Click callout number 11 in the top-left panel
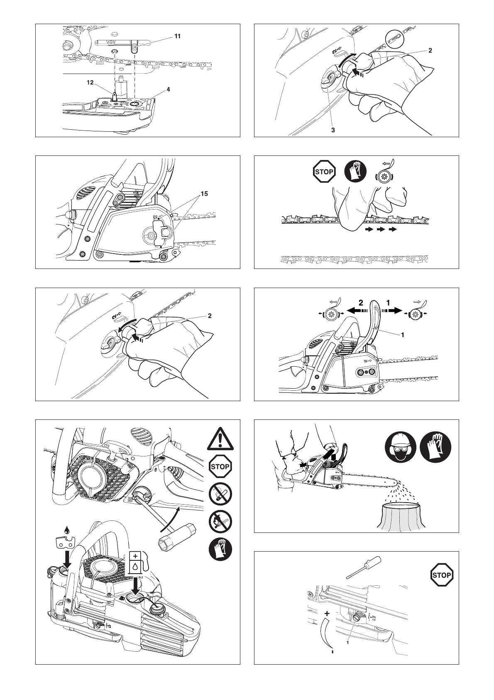point(177,37)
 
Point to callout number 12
point(90,82)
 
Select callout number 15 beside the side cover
point(204,194)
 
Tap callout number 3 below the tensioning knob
point(333,130)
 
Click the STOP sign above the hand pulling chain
point(324,171)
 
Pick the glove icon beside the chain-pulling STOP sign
point(355,171)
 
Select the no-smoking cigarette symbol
point(220,494)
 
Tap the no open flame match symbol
point(220,522)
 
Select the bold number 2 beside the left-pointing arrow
point(361,303)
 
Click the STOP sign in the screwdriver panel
point(441,575)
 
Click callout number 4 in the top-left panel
point(169,89)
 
